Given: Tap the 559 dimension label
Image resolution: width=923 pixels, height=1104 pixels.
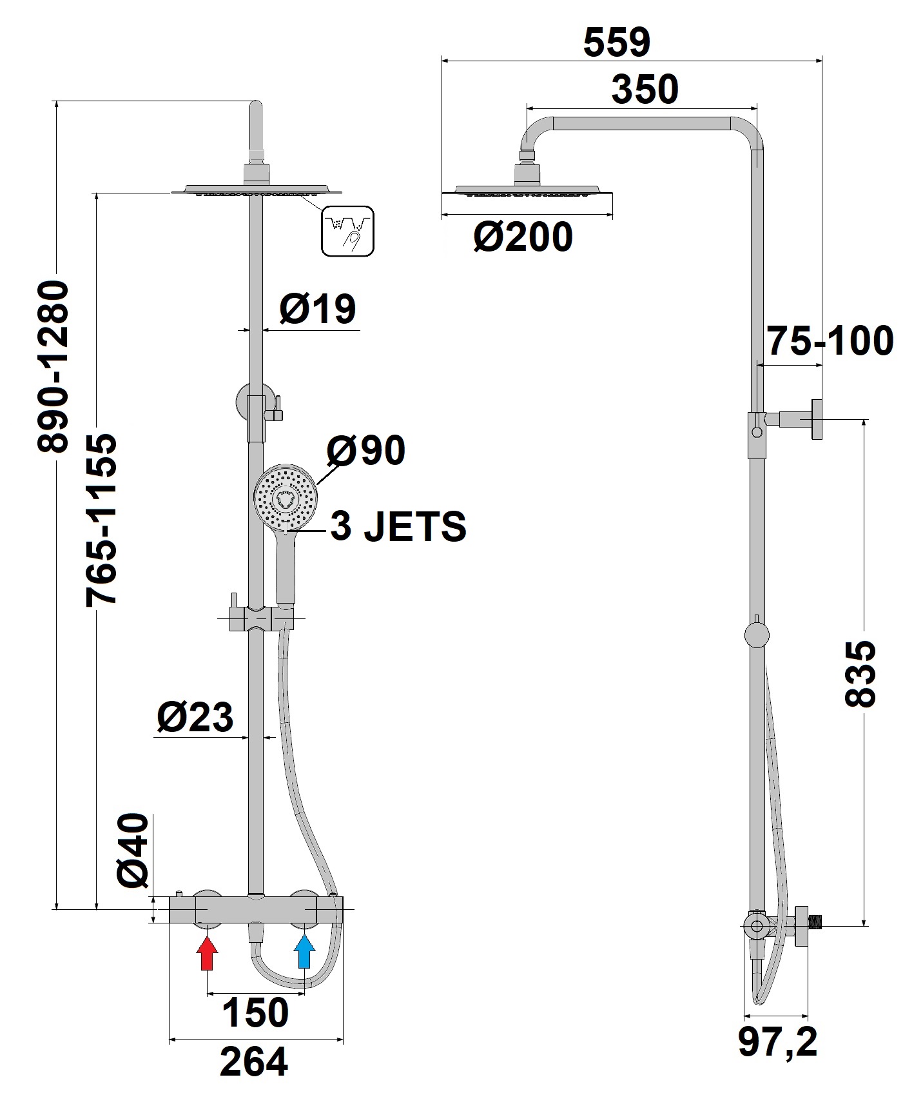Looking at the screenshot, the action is click(617, 43).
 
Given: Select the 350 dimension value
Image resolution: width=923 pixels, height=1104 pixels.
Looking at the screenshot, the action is click(645, 90).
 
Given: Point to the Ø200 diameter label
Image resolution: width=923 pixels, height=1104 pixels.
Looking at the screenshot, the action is click(523, 237).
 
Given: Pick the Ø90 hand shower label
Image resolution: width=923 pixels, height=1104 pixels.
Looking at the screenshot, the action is click(365, 449).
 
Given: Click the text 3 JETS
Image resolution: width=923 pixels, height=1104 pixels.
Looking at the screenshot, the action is click(398, 527).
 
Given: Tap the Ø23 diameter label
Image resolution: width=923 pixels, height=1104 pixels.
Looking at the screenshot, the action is click(195, 716).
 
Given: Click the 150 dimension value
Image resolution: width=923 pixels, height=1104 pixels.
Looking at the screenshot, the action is click(255, 1012).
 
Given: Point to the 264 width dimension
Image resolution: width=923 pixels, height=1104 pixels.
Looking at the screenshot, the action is click(254, 1062).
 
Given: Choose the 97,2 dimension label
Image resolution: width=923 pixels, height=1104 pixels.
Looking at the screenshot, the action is click(778, 1043).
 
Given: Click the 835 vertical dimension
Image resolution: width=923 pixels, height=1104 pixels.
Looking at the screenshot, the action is click(860, 673).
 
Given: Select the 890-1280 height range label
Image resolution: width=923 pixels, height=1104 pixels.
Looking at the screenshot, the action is click(52, 366).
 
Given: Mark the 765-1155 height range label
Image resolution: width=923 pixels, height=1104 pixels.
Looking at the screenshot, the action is click(102, 520).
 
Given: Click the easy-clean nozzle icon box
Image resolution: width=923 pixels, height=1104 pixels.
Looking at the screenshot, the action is click(348, 231).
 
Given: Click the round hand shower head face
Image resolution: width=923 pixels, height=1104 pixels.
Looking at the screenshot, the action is click(284, 499).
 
